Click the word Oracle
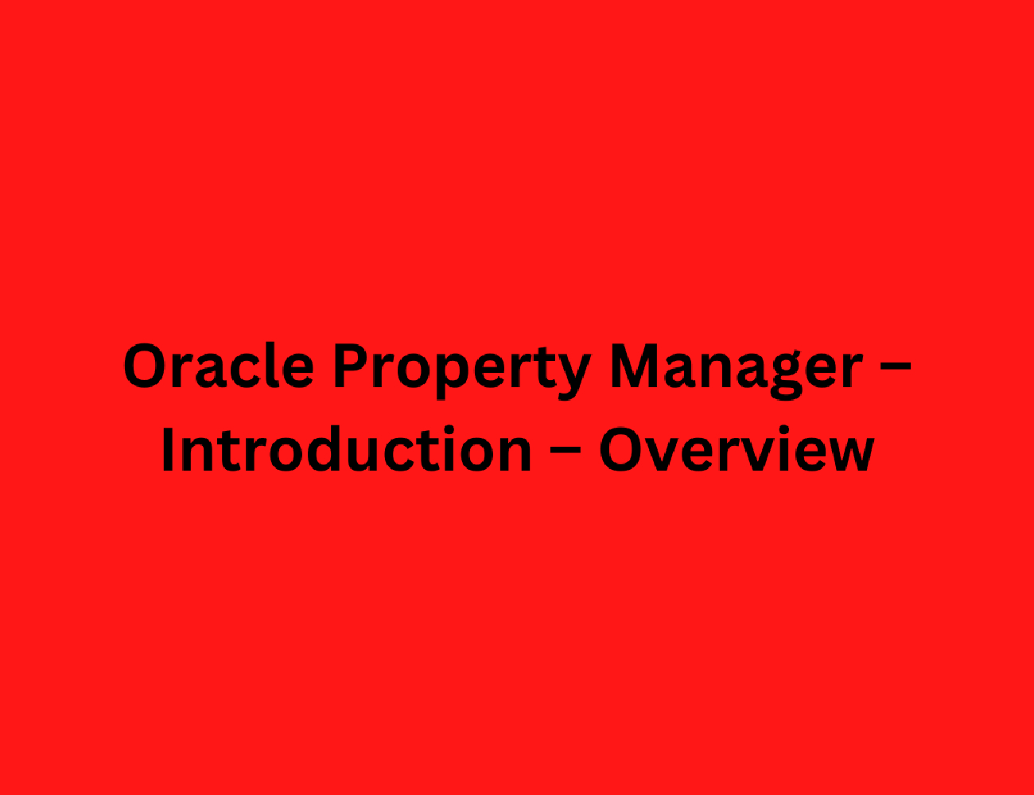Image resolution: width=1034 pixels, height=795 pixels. click(219, 365)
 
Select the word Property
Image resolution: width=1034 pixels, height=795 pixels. click(463, 371)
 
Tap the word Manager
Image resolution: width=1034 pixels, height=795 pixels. click(737, 371)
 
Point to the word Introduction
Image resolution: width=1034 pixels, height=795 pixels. click(347, 449)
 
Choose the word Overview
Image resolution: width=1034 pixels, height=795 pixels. click(737, 449)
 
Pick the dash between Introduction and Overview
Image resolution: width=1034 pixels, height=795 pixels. click(566, 450)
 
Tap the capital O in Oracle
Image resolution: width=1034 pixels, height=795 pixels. click(145, 366)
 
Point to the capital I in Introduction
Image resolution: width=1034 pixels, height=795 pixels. click(168, 449)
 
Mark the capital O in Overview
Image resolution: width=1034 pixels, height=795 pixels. click(621, 449)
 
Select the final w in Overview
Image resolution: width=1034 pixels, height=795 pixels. click(849, 455)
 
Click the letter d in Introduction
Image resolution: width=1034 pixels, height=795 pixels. click(325, 449)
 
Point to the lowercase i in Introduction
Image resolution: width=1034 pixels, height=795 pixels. click(449, 448)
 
